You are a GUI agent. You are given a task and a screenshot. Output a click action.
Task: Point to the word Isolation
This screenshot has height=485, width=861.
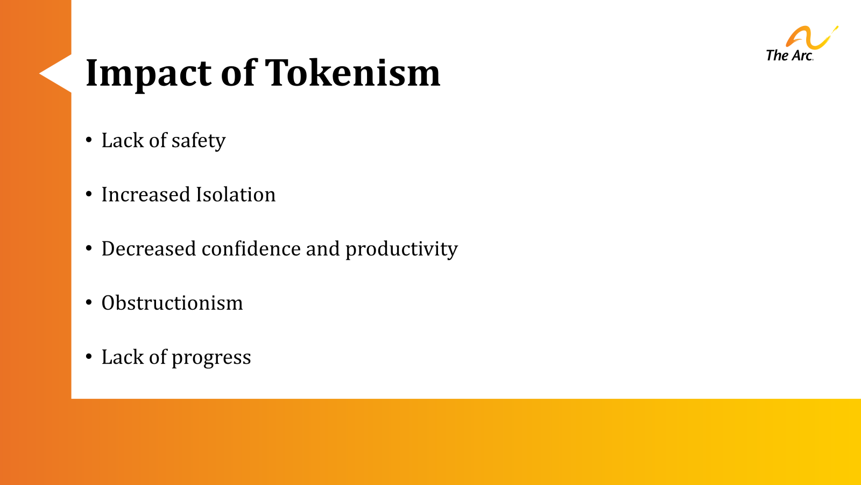click(x=236, y=195)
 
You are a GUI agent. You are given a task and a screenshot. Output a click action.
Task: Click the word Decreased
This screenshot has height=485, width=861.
click(x=149, y=249)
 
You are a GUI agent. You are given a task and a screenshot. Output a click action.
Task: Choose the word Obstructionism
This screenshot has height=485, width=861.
click(x=172, y=303)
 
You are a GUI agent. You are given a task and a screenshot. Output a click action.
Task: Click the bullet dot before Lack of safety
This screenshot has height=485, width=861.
click(x=89, y=140)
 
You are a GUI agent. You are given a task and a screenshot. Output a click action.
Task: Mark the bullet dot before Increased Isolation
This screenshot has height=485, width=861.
click(x=89, y=194)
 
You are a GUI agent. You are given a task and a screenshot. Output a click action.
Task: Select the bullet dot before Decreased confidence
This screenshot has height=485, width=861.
click(x=89, y=248)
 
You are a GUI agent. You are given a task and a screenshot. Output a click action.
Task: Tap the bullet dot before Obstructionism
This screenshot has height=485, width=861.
click(x=89, y=302)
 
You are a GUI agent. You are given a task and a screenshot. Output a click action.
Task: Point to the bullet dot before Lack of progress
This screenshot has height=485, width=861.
click(x=89, y=357)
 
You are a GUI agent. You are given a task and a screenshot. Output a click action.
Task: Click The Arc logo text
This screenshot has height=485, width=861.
click(x=789, y=56)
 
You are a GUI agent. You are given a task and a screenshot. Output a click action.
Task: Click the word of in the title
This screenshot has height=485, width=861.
click(x=238, y=73)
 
